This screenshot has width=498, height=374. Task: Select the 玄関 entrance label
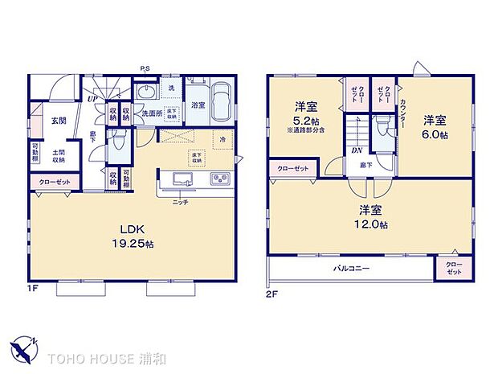[59, 121]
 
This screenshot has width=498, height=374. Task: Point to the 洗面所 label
[153, 113]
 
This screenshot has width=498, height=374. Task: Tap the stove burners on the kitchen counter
[220, 178]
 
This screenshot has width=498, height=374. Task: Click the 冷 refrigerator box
[222, 138]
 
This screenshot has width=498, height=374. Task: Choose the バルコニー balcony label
[352, 268]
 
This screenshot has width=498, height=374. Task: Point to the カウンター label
[402, 116]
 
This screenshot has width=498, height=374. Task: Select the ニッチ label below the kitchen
[180, 202]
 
